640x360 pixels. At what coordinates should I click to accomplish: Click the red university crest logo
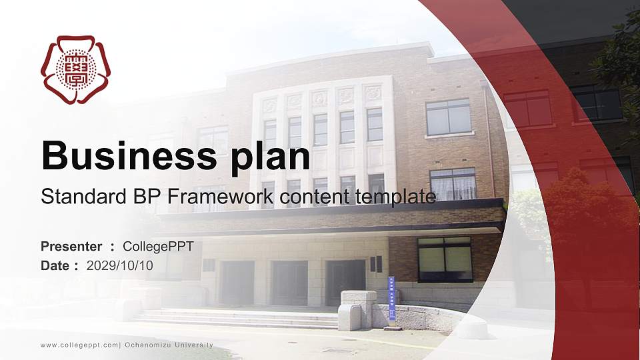click(x=76, y=69)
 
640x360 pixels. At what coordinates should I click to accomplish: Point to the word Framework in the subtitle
click(x=219, y=197)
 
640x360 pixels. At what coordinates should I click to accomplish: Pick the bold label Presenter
click(x=71, y=247)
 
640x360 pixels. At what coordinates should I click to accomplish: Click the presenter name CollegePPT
click(x=158, y=247)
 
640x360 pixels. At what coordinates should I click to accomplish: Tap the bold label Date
click(x=56, y=265)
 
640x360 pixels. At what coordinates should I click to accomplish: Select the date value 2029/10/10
click(x=120, y=265)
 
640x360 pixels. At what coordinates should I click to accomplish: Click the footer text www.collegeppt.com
click(x=79, y=345)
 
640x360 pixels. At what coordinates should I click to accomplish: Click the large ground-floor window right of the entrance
click(x=445, y=259)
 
